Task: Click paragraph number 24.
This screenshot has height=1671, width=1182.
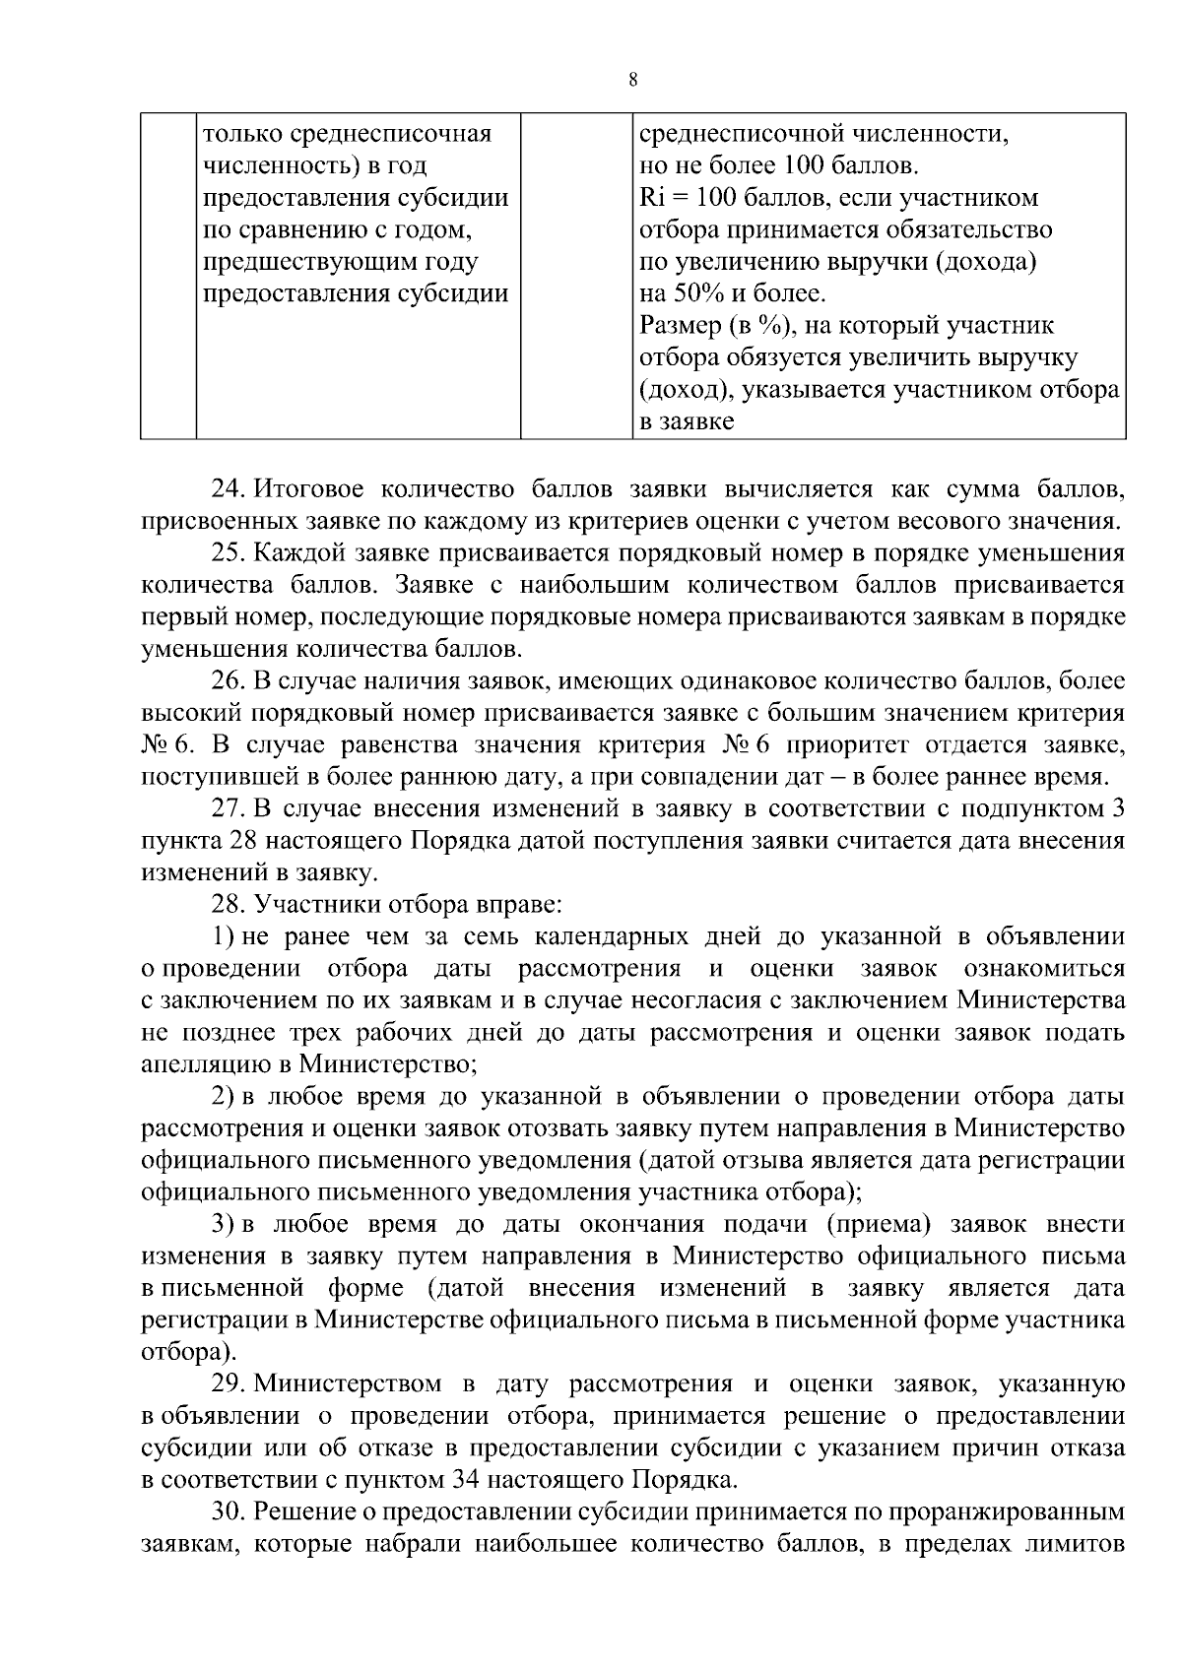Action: point(227,489)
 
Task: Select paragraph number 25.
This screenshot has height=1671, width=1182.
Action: point(227,553)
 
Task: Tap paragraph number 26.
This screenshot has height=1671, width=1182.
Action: point(227,681)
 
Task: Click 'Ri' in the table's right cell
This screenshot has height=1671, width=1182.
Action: point(652,199)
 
